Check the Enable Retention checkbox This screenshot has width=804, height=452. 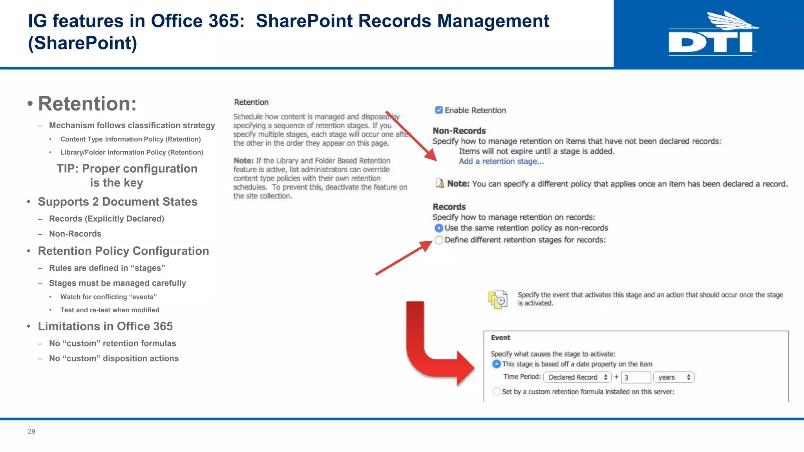pos(439,110)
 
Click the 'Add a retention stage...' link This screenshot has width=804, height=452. pos(501,161)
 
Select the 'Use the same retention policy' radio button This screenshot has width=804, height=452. pos(439,228)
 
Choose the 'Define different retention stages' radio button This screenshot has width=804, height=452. pos(439,240)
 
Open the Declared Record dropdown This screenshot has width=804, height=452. pos(577,377)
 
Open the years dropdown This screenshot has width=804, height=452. pos(674,377)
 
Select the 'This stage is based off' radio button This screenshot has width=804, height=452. pos(497,364)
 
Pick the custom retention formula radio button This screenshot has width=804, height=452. pos(497,392)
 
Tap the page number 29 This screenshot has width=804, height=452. pos(31,431)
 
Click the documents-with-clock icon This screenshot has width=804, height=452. pos(498,300)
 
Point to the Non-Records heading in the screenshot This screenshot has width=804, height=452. pos(459,131)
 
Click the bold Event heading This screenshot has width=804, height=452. pos(501,337)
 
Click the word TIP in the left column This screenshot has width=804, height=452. pos(68,169)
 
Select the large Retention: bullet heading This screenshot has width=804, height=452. pos(87,104)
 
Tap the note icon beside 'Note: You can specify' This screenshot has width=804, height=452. pos(440,183)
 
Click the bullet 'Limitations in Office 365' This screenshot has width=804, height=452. pos(105,326)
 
